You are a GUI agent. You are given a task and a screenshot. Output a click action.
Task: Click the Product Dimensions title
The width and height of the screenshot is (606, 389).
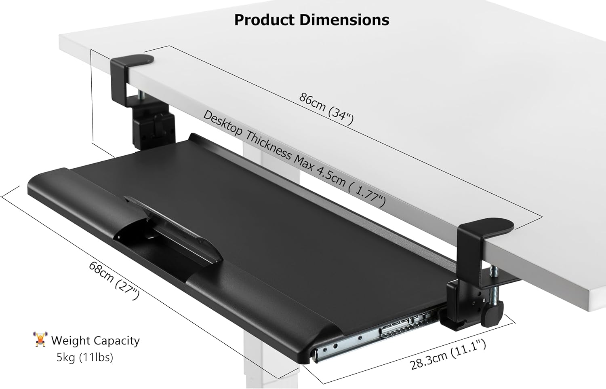pyautogui.click(x=311, y=19)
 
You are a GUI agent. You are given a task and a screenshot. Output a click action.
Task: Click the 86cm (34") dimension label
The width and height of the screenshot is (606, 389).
pyautogui.click(x=326, y=108)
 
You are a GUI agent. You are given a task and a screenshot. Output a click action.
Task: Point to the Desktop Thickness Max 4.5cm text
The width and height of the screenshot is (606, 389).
pyautogui.click(x=294, y=158)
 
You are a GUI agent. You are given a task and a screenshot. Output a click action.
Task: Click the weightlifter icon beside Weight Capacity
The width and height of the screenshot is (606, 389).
pyautogui.click(x=40, y=340)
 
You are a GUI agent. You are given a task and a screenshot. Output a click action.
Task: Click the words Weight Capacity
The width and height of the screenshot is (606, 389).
pyautogui.click(x=95, y=340)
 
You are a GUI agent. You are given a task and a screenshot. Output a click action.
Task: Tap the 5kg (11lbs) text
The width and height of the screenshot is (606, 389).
pyautogui.click(x=84, y=357)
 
